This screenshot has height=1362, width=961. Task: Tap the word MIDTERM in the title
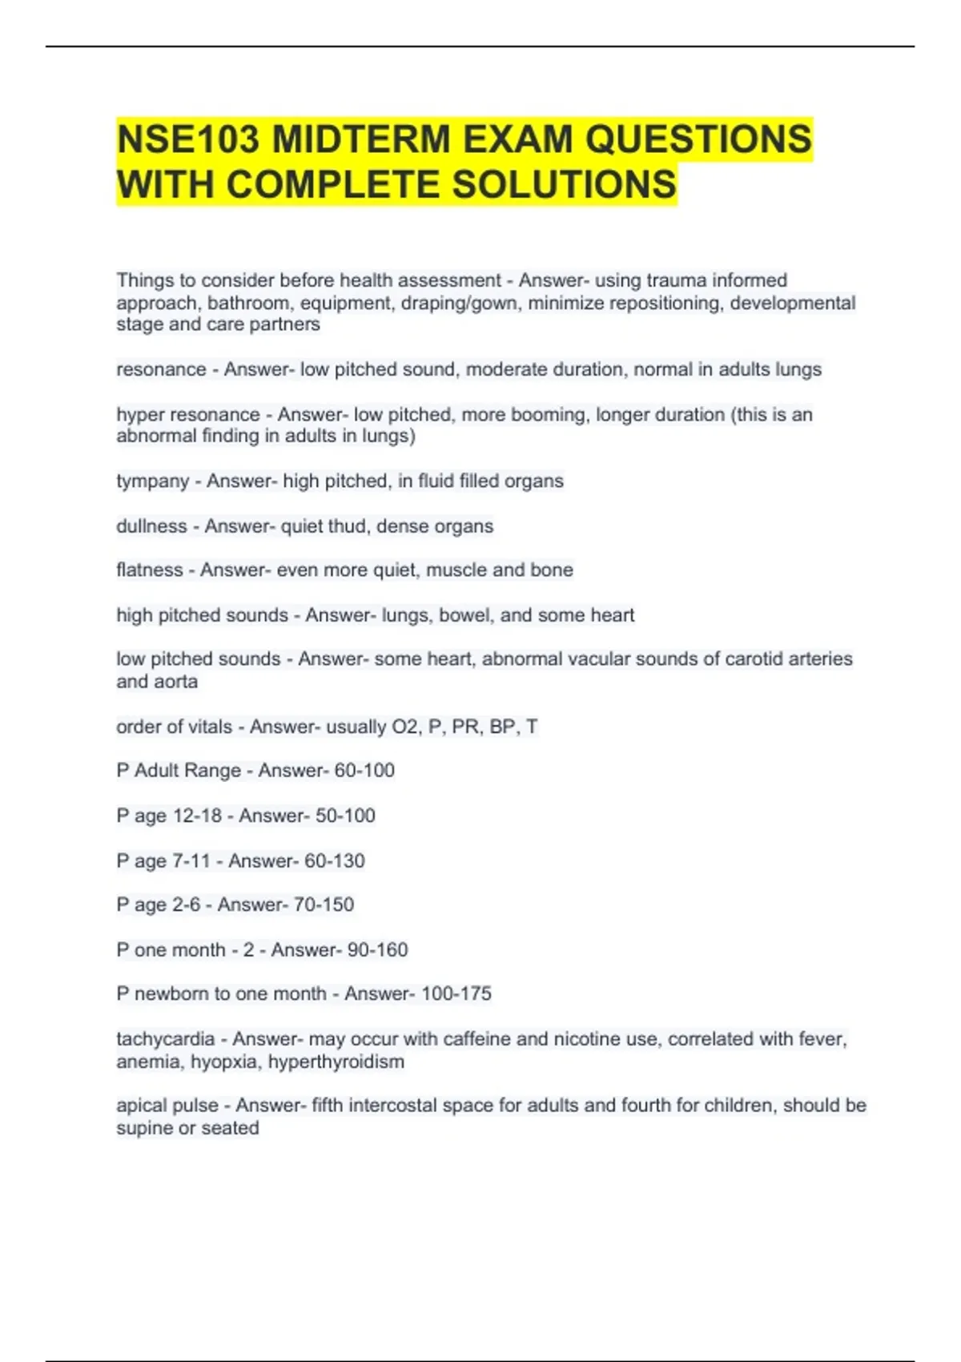pos(362,139)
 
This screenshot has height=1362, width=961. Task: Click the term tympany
pos(152,482)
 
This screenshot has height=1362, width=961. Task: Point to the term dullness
pos(151,526)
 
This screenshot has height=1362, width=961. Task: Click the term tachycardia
pos(165,1039)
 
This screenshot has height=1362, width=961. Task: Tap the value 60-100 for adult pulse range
pos(364,771)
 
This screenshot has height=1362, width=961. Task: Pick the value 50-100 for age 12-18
pos(345,816)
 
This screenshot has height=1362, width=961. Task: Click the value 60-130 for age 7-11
pos(335,861)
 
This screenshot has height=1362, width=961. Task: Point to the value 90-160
pos(377,950)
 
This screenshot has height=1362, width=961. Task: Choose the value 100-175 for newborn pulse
pos(456,994)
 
